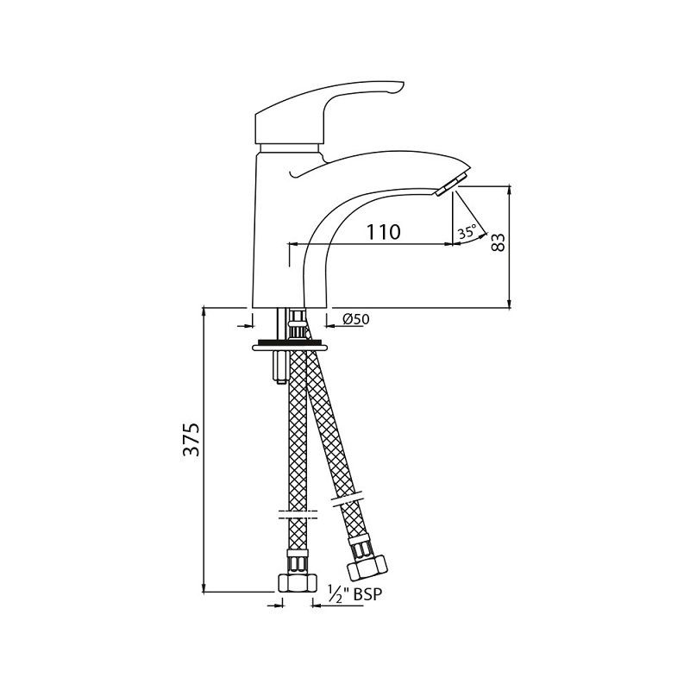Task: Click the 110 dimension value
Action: pos(383,232)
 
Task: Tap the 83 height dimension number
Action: pos(498,242)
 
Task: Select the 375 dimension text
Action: pos(191,440)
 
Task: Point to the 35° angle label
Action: pos(467,231)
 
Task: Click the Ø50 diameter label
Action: pos(355,318)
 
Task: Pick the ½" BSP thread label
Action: pos(355,594)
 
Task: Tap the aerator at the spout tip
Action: pos(449,185)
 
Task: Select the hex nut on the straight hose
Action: pos(298,583)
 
